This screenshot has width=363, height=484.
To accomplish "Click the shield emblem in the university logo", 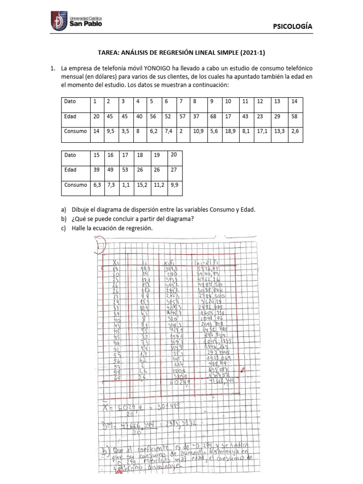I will pos(57,23).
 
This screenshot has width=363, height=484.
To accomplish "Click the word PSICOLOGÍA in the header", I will pos(293,27).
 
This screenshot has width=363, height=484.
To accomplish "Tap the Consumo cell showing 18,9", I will pos(229,131).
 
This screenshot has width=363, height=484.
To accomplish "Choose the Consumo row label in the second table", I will pos(76,185).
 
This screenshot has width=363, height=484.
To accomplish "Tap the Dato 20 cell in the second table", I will pos(173,155).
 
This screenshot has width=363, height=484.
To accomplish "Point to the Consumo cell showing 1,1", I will pos(125,185).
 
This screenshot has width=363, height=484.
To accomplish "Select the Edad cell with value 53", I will pos(125,170).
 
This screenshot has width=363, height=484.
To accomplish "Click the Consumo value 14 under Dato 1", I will pos(96,131).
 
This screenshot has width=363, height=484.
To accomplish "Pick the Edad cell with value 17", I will pos(228,116).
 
